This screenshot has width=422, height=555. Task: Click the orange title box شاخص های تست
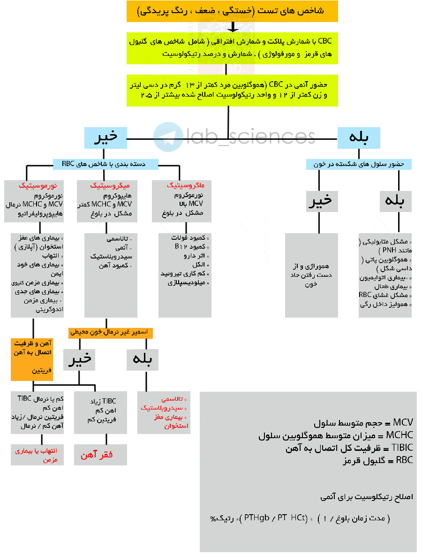tap(232, 11)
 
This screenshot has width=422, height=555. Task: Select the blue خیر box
tap(105, 138)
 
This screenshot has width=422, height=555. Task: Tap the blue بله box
tap(359, 138)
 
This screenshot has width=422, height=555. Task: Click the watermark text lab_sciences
tap(251, 136)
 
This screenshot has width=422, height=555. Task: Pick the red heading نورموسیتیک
tap(37, 186)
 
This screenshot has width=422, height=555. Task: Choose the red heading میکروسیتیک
tap(109, 186)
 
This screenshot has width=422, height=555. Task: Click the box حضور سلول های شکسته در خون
tap(359, 164)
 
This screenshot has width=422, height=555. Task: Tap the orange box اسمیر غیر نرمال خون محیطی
tap(110, 332)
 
